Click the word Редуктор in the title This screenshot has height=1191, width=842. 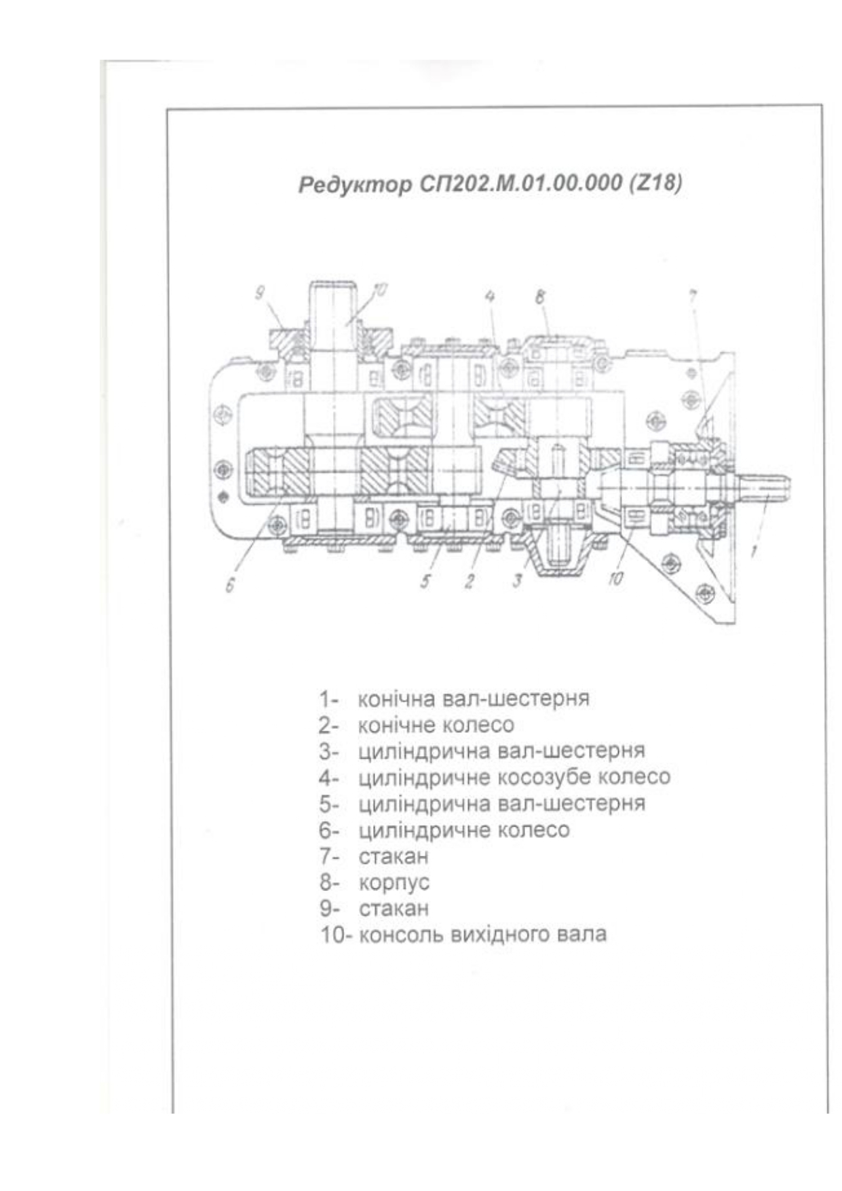pos(354,185)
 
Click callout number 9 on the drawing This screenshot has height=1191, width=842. pos(259,293)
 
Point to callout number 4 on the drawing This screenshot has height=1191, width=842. pos(489,296)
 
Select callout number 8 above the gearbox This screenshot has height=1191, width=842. pos(540,297)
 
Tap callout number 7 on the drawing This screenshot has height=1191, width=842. pos(693,297)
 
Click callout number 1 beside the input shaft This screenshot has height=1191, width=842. pos(753,551)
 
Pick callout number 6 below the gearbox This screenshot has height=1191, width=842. pos(230,584)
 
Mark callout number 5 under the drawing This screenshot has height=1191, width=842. pos(425,581)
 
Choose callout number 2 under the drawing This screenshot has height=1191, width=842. pos(469,582)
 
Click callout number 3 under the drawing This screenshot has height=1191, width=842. pos(517,581)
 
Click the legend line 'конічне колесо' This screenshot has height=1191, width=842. pos(436,725)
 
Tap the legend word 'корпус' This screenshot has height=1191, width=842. pos(394,883)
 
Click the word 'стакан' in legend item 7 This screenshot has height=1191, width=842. pos(394,856)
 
